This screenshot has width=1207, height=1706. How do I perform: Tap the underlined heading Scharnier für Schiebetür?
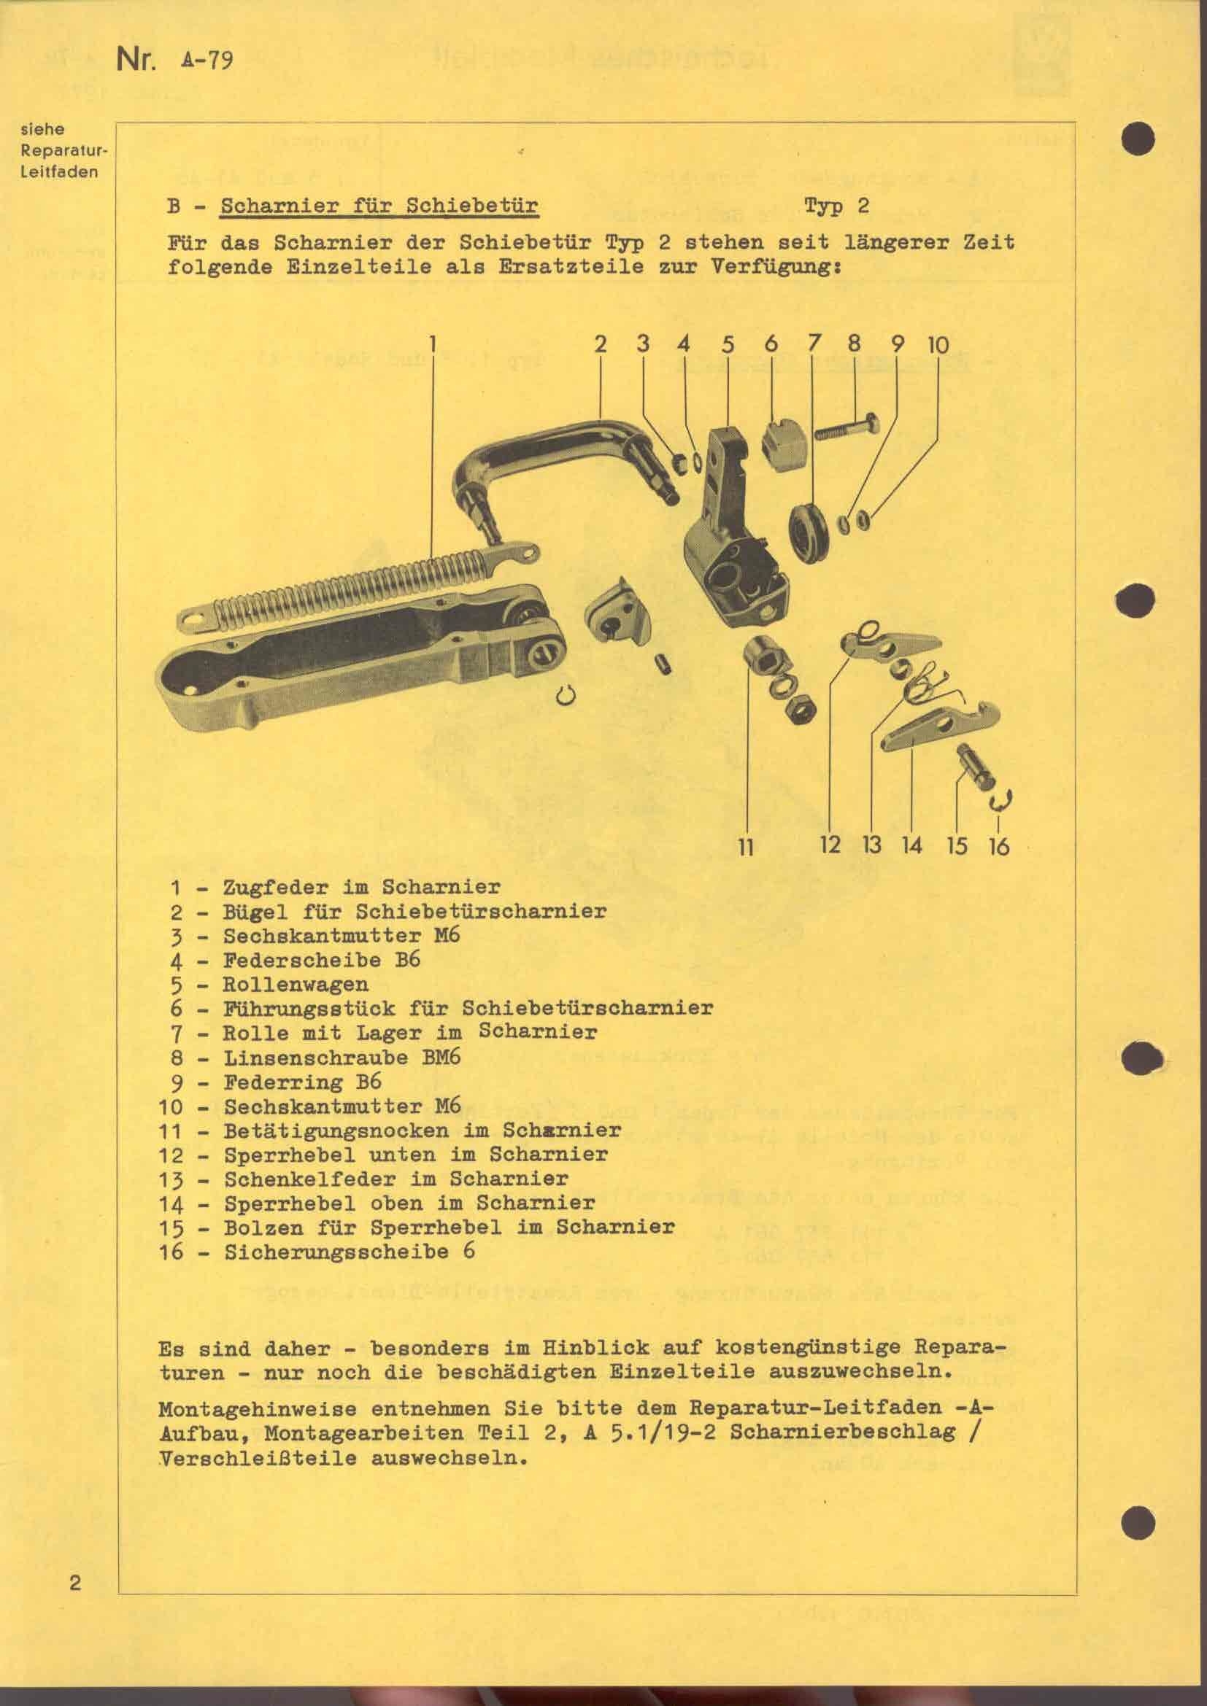[379, 206]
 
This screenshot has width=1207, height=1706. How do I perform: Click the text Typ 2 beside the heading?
[836, 205]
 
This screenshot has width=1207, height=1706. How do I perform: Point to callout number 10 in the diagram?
[938, 345]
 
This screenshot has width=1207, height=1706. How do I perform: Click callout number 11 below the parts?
[746, 846]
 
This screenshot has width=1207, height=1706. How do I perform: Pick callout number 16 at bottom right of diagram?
[1000, 845]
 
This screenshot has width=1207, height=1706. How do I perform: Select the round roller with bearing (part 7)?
[809, 527]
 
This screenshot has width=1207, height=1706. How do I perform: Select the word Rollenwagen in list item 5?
[295, 985]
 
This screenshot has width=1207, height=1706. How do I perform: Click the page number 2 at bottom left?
[74, 1581]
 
